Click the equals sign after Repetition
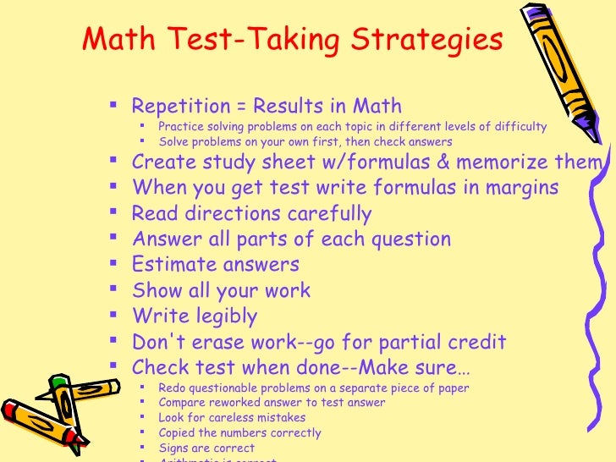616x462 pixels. coord(239,107)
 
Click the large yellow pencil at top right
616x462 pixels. coord(564,76)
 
